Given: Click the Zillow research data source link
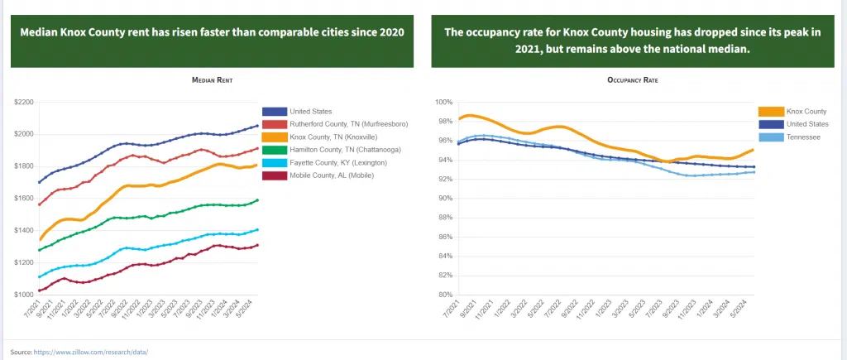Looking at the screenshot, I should tap(91, 352).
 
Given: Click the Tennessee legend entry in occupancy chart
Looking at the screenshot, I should tap(803, 137).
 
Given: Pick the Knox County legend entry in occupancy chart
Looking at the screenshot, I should tap(806, 111).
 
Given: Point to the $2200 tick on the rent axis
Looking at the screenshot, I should tap(24, 102).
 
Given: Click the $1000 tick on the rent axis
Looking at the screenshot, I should tap(24, 295).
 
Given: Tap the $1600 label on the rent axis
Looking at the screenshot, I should tap(24, 199).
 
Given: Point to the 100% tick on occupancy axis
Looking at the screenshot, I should tap(443, 102).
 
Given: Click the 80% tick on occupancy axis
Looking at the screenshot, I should tap(445, 295).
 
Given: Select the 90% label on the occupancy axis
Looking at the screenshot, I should tap(445, 199).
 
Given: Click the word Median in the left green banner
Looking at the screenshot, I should tap(39, 33).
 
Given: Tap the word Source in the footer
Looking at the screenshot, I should tap(21, 352).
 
